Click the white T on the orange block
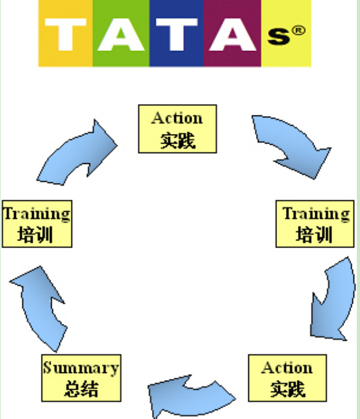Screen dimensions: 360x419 (x=66, y=34)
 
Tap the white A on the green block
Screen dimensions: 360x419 (x=121, y=34)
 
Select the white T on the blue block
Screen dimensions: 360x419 (x=177, y=34)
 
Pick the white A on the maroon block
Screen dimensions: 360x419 (x=232, y=34)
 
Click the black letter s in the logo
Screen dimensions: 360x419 (x=278, y=36)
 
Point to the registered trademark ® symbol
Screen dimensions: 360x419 (x=298, y=30)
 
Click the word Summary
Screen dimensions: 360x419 (x=81, y=368)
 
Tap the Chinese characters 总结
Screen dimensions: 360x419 (x=81, y=388)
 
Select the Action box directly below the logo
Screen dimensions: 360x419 (x=177, y=129)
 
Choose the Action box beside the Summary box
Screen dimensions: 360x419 (x=287, y=378)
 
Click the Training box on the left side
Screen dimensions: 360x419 (x=37, y=224)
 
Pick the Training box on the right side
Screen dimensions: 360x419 (x=315, y=224)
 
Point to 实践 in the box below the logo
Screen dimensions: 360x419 (x=177, y=140)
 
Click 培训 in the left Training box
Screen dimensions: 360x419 (x=35, y=235)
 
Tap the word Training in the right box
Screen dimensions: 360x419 (x=316, y=214)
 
